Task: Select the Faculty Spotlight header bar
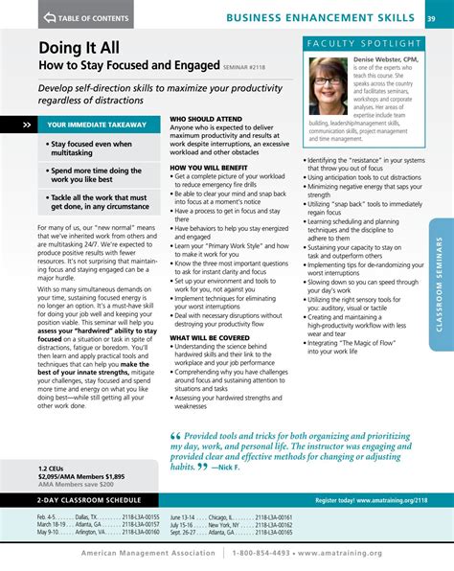click(x=364, y=43)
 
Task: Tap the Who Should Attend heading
click(x=205, y=118)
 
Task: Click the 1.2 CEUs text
click(x=52, y=468)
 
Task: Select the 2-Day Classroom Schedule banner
click(x=86, y=501)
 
